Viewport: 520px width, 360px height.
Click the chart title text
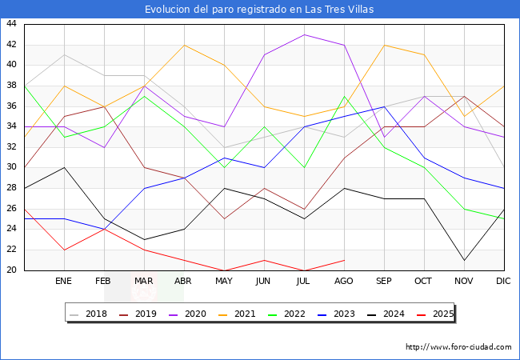coord(259,10)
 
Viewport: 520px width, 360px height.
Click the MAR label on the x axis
coord(144,282)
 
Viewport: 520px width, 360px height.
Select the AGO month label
coord(344,282)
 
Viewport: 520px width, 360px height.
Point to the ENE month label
coord(64,282)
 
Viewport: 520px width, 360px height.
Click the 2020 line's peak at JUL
coord(304,34)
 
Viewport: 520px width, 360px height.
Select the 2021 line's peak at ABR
coord(184,45)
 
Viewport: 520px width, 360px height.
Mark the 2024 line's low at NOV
coord(464,260)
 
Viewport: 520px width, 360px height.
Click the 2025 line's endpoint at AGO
coord(344,260)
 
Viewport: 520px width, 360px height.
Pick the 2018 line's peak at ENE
coord(64,55)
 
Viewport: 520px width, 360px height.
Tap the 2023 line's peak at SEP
coord(384,106)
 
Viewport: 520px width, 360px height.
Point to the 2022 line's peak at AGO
coord(344,96)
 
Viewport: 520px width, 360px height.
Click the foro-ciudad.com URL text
coord(458,347)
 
